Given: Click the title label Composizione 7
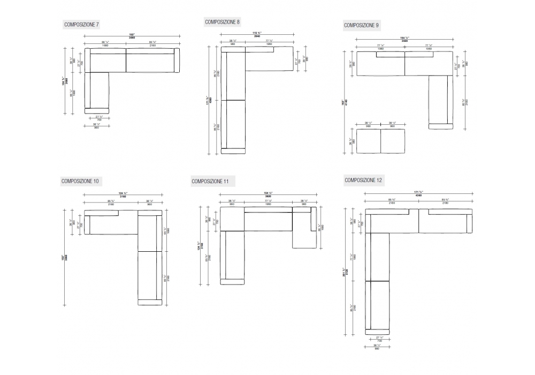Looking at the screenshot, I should coord(81,25).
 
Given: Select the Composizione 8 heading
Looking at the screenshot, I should coord(223,22).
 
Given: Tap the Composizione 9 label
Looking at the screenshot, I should coord(362,25).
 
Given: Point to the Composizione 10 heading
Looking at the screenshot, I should coord(80,181).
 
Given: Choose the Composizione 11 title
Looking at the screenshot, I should coord(210,182).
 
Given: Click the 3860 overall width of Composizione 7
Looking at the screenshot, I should coord(132,38).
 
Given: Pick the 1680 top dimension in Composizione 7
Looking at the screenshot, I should coord(104,45).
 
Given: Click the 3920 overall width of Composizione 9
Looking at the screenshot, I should coord(404,40).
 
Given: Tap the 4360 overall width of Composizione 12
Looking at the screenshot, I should coord(419,194).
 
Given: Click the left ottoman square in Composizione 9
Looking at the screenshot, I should coord(368,140).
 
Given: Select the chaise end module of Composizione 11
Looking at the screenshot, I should coord(304,230).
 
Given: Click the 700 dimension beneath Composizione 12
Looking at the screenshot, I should coord(379,341).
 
